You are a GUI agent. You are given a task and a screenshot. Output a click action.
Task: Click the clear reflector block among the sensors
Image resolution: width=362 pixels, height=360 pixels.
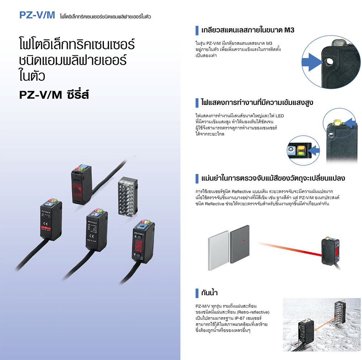coord(128,197)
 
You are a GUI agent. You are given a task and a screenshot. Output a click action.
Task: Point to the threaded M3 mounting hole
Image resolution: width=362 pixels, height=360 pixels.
coord(328,62)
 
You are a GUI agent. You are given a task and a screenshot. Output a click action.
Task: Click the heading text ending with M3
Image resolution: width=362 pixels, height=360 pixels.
coord(248,30)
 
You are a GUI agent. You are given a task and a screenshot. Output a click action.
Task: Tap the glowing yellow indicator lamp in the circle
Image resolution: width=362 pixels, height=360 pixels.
coord(337,122)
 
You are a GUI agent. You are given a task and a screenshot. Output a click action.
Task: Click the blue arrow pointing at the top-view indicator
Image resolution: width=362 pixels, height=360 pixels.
coord(314,150)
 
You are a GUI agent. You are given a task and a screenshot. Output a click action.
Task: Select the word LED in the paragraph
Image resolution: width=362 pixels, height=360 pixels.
coord(279,116)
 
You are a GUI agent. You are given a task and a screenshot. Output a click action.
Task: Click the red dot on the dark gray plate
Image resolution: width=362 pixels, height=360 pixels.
coord(244,241)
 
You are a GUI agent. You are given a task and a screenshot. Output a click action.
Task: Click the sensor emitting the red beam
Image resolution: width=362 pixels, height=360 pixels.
coord(331,252)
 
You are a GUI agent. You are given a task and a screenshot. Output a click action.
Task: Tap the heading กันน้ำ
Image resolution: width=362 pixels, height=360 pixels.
coord(209,293)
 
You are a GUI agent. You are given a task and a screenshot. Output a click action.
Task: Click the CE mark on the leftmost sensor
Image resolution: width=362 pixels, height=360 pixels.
coord(46,224)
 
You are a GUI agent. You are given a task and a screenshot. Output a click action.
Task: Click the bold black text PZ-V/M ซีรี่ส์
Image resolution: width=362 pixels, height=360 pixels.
coord(54,94)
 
